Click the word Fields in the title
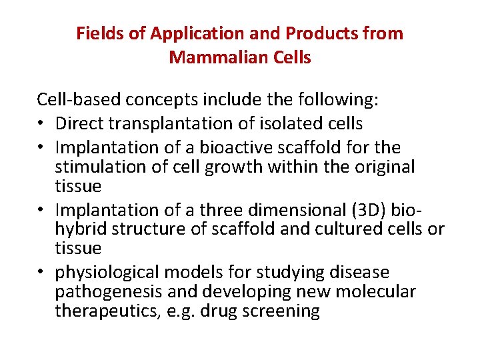(x=97, y=33)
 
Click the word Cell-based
(x=73, y=101)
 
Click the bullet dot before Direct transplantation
(x=41, y=124)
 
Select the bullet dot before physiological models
(x=41, y=273)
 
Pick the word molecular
(x=379, y=292)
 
